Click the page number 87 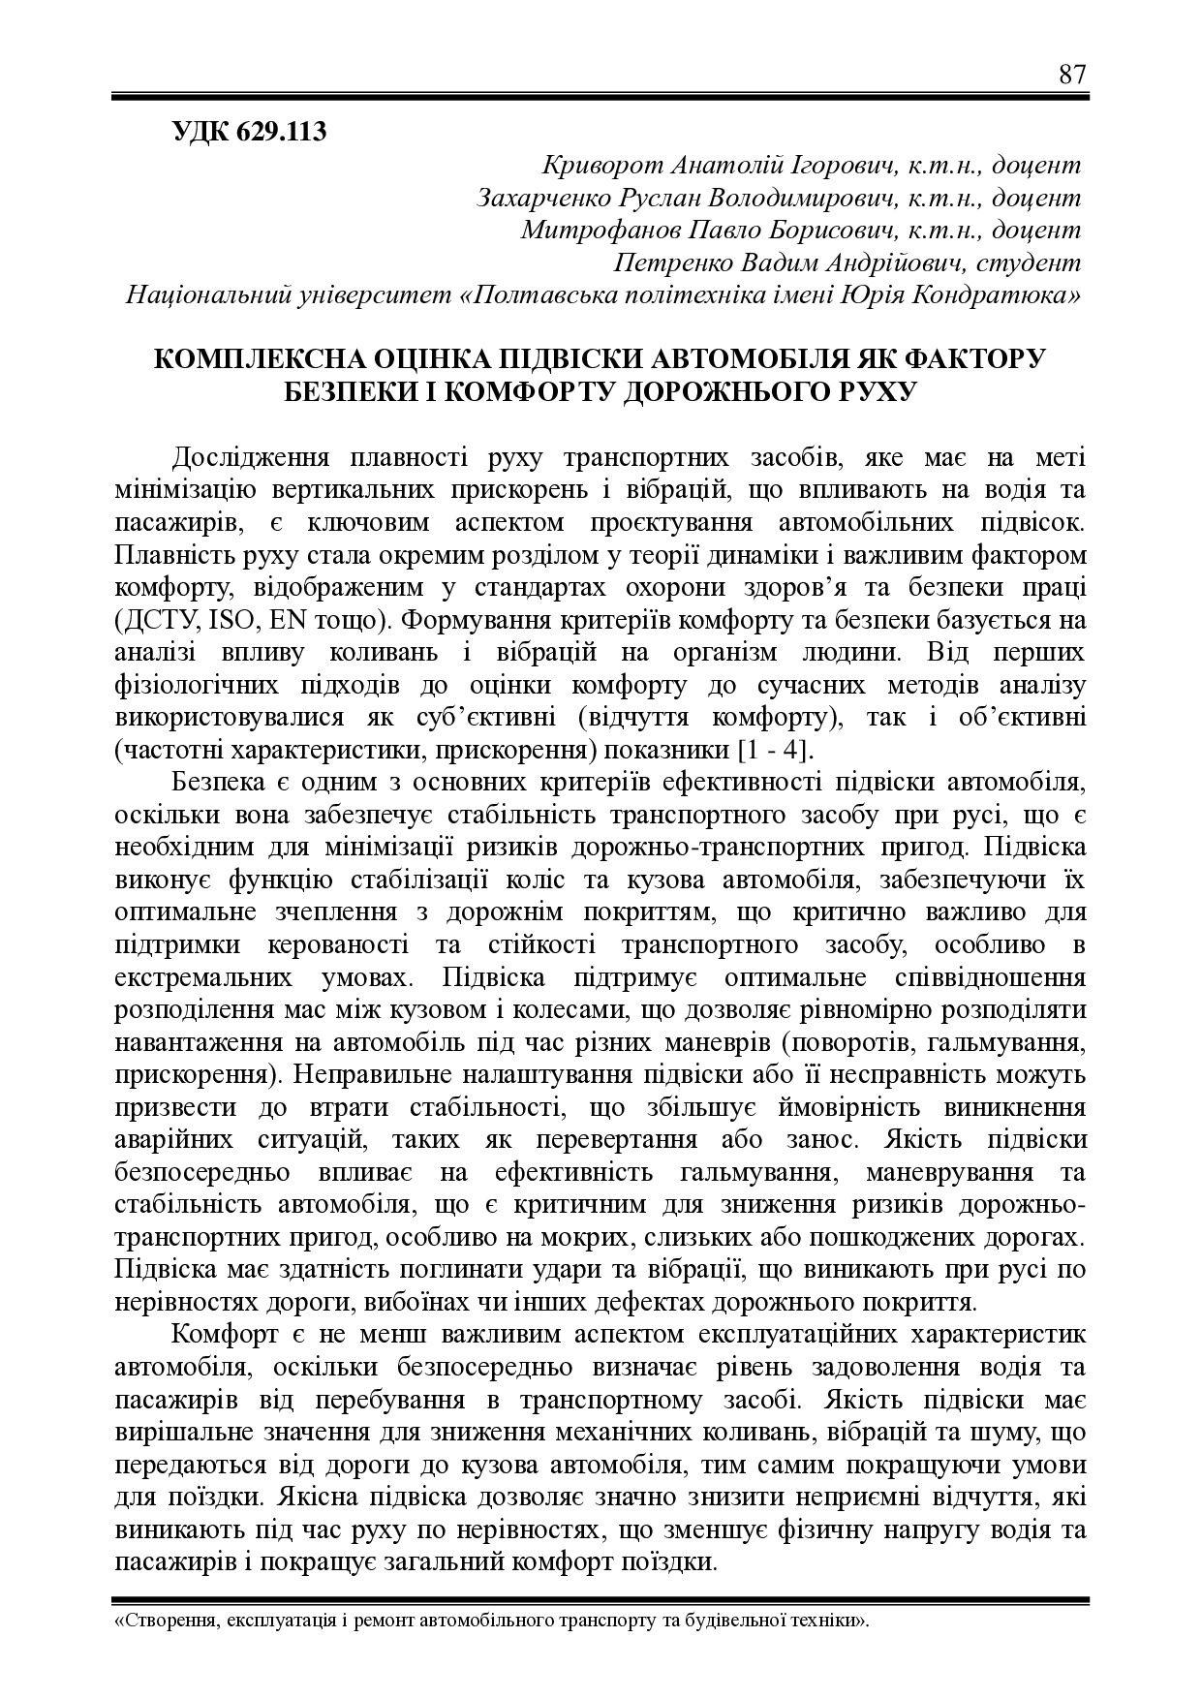coord(1072,75)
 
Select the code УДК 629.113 coord(249,132)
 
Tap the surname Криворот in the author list coord(595,166)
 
